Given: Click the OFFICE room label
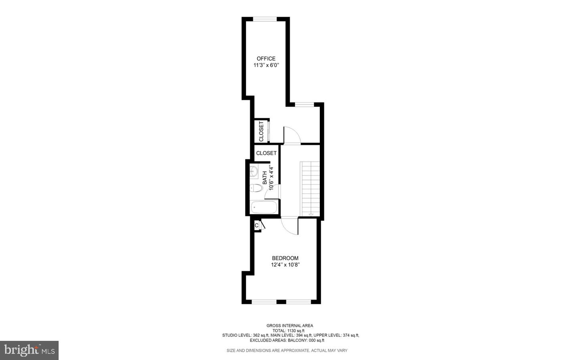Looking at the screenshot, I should point(266,58).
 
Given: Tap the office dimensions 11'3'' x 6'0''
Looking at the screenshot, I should point(266,65).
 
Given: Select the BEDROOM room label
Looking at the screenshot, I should point(285,258).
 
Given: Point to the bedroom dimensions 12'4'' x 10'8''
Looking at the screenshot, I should point(285,265).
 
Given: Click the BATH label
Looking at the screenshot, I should point(265,178).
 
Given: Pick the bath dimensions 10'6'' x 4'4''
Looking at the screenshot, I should point(271,178).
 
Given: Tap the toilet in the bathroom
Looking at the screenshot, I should point(256,187).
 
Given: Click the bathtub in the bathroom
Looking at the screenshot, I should point(264,207).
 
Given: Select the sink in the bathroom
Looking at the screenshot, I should point(254,171).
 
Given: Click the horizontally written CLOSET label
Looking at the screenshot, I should point(266,153).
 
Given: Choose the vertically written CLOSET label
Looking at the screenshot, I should point(261,131).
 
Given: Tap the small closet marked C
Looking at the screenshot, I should point(256,225).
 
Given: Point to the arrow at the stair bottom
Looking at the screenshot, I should point(311,215).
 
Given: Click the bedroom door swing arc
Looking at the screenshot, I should point(289,227).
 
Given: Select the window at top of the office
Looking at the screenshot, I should point(265,19).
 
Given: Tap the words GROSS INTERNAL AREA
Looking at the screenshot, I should point(290,326).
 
